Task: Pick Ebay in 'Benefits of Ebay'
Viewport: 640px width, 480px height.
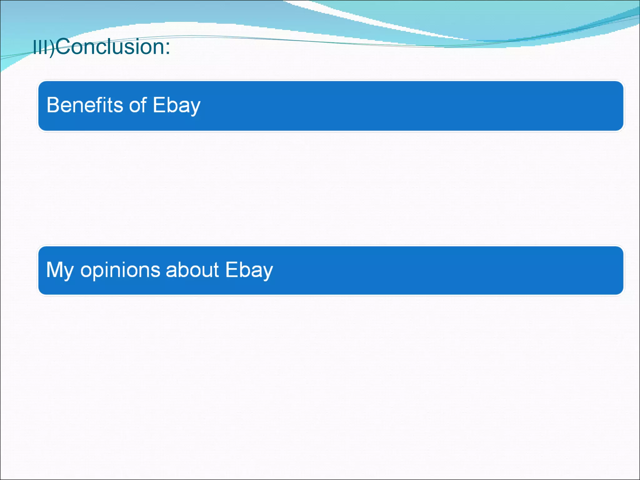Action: pos(177,106)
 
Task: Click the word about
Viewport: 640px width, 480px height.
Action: pos(192,270)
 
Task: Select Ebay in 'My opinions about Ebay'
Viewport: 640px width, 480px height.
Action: pos(249,270)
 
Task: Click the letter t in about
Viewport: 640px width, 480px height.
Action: pos(216,270)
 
